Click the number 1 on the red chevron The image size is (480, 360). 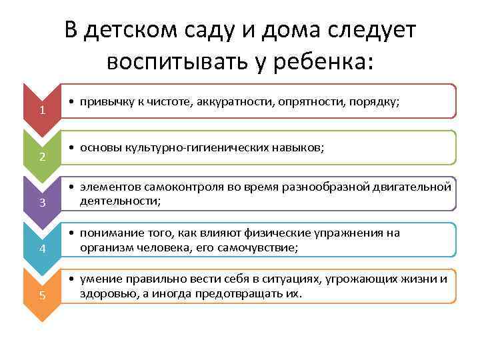click(43, 110)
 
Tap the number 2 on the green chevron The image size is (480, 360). click(43, 157)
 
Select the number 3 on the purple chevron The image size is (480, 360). click(43, 203)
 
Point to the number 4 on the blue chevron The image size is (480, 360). click(43, 248)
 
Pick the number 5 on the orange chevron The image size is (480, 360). click(43, 295)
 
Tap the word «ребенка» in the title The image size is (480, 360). click(319, 62)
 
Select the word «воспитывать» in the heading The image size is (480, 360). click(177, 61)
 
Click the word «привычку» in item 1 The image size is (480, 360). click(107, 101)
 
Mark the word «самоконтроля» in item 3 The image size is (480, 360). click(184, 187)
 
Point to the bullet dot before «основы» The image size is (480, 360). click(71, 148)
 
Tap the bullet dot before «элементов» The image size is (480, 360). click(71, 187)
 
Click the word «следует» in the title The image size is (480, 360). click(371, 31)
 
